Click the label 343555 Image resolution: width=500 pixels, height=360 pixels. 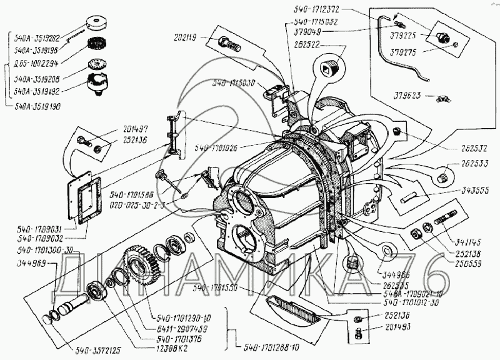(x=477, y=189)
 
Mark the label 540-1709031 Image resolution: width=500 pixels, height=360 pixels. (x=34, y=229)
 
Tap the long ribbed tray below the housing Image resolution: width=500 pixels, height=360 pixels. (x=297, y=309)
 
